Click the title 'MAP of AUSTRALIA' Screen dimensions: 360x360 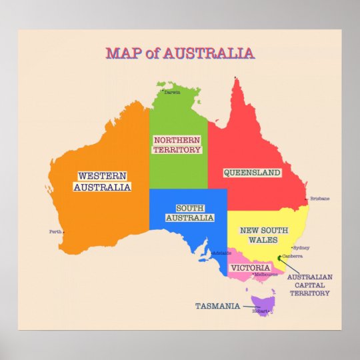point(179,53)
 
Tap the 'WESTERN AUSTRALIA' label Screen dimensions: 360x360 point(102,181)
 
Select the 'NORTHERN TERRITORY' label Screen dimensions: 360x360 point(177,145)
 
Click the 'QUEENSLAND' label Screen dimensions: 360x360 point(251,173)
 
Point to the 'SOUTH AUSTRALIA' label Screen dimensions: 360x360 point(189,213)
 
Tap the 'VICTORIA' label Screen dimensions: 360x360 point(250,268)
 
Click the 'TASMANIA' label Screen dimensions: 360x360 point(217,306)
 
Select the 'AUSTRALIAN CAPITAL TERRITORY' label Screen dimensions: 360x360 point(309,285)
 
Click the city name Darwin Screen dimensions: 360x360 point(172,93)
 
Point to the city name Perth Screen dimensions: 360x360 point(55,232)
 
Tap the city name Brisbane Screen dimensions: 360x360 point(320,199)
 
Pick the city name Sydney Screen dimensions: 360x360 point(301,247)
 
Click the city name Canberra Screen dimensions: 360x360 point(293,256)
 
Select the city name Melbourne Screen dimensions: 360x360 point(265,274)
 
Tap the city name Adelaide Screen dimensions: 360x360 point(222,253)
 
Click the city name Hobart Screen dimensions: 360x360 point(259,311)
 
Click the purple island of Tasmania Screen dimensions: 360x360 point(265,303)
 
